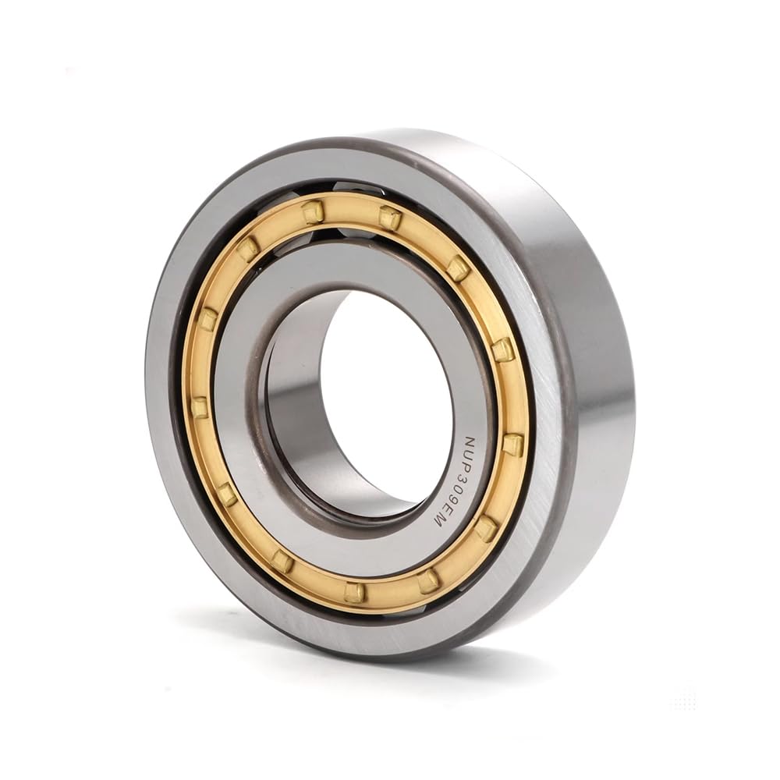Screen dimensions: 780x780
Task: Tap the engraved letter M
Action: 438,527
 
